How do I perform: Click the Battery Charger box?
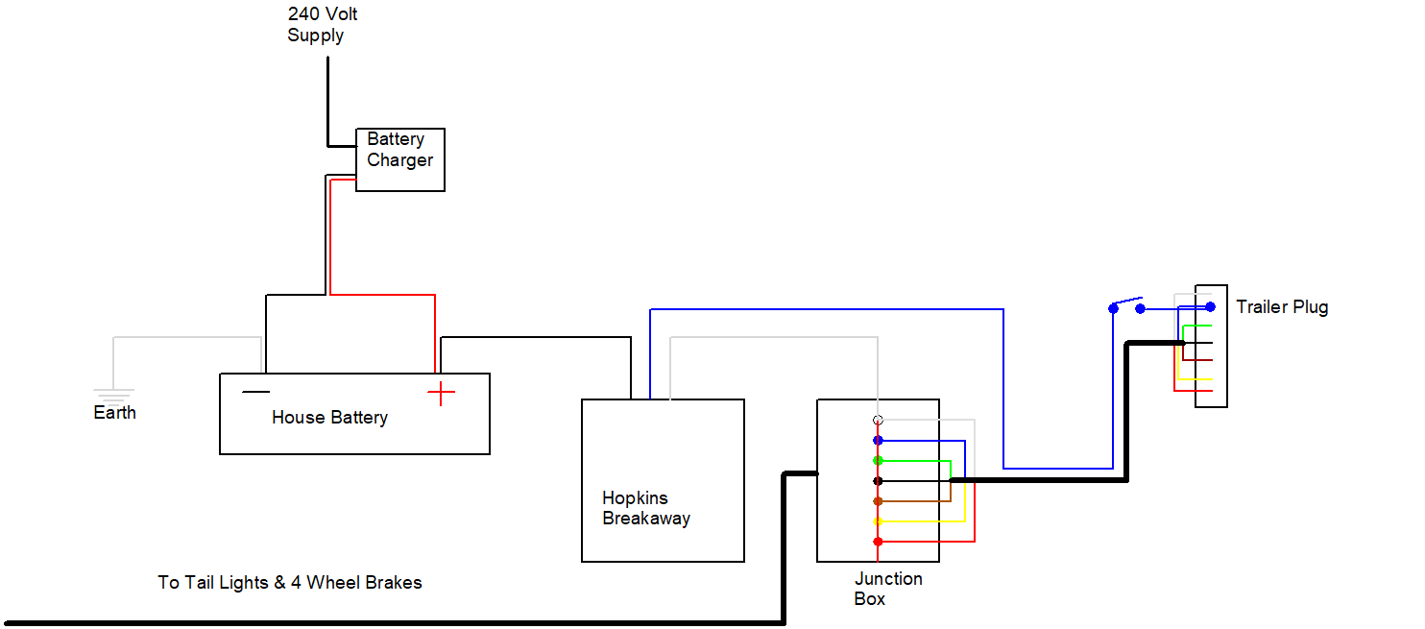coord(399,159)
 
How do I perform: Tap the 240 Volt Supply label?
coord(322,25)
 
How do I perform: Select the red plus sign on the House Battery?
coord(441,393)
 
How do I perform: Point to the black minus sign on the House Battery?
coord(255,391)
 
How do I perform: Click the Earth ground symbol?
coord(113,393)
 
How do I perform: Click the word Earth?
coord(114,413)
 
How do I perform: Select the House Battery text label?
coord(329,418)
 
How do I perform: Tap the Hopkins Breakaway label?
coord(645,508)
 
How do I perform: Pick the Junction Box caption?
coord(887,589)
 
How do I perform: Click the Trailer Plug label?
coord(1282,307)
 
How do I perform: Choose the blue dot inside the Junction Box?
coord(878,441)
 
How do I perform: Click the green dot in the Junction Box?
coord(878,461)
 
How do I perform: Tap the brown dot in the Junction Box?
coord(878,501)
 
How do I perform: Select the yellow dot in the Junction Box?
coord(878,521)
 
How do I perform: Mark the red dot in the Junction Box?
coord(878,542)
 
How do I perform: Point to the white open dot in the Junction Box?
coord(878,420)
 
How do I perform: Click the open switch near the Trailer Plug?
coord(1126,305)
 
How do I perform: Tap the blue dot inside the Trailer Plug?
coord(1210,307)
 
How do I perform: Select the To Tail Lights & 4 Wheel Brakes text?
coord(290,582)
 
